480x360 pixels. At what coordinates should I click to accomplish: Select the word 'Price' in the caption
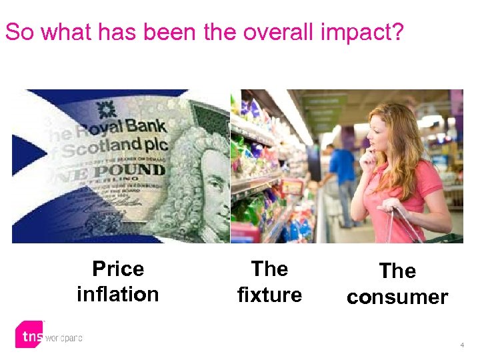click(x=118, y=269)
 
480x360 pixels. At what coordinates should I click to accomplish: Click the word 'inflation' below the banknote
click(x=118, y=294)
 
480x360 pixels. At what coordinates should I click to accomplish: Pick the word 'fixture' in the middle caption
click(x=269, y=294)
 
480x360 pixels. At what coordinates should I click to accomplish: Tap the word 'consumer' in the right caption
click(x=397, y=297)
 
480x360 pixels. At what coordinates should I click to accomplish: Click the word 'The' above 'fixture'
click(x=269, y=269)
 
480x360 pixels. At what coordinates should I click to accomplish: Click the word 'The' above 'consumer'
click(x=397, y=271)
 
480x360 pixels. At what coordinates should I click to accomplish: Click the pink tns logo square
click(x=30, y=335)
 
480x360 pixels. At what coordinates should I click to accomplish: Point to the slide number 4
click(x=461, y=345)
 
